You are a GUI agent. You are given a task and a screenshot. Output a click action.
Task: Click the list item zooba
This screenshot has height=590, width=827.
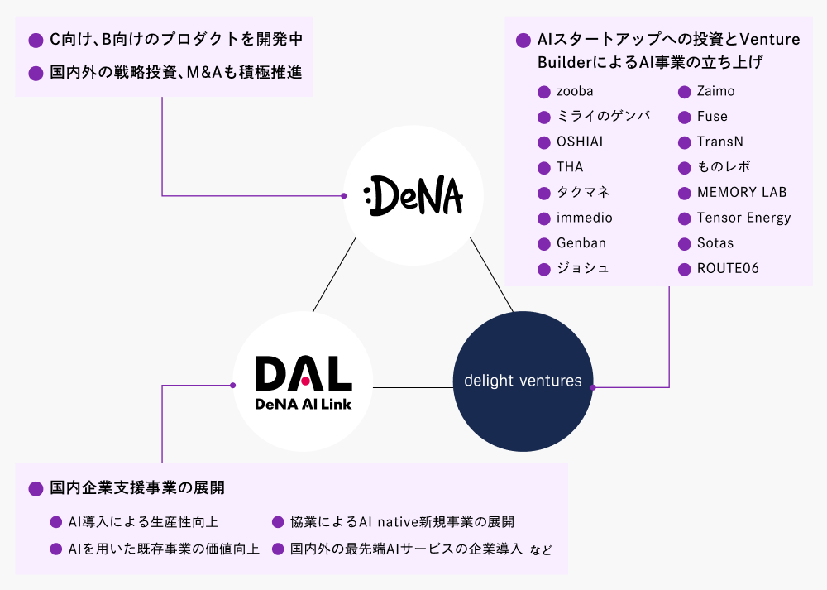pyautogui.click(x=575, y=91)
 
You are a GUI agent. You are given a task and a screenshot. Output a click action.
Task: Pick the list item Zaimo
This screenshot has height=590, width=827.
pyautogui.click(x=715, y=91)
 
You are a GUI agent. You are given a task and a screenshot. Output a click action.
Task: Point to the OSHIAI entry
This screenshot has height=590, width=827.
pyautogui.click(x=580, y=142)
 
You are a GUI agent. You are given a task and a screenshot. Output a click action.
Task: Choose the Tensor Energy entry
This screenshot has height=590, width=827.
pyautogui.click(x=743, y=218)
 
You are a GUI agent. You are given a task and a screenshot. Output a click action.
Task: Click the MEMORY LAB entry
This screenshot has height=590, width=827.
pyautogui.click(x=742, y=192)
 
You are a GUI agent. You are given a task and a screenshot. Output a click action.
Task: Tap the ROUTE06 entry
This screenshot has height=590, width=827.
pyautogui.click(x=728, y=268)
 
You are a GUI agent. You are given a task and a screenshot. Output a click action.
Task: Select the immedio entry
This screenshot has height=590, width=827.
pyautogui.click(x=585, y=218)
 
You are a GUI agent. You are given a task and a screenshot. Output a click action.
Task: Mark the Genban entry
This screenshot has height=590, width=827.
pyautogui.click(x=581, y=243)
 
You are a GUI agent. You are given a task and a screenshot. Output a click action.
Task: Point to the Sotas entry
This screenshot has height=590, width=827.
pyautogui.click(x=715, y=243)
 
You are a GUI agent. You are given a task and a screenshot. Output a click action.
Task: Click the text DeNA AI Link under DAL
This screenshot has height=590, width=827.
pyautogui.click(x=303, y=403)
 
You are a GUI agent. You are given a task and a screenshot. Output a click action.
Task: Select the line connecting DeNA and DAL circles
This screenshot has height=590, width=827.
pyautogui.click(x=335, y=274)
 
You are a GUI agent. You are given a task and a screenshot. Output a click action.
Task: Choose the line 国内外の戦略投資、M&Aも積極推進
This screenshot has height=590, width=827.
pyautogui.click(x=175, y=73)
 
